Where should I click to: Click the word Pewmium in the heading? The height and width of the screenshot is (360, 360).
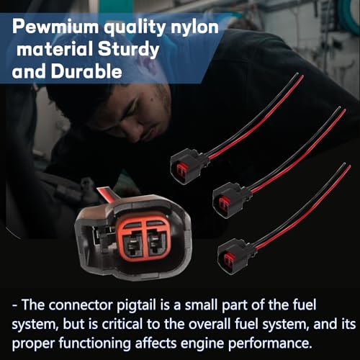(x=55, y=27)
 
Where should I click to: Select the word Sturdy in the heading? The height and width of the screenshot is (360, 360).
(x=128, y=50)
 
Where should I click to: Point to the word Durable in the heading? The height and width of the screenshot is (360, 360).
(x=86, y=71)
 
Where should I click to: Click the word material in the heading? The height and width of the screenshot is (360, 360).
(x=55, y=49)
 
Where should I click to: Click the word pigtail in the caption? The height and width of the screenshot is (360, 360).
(x=136, y=306)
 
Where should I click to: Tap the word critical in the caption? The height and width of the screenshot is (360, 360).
(x=122, y=324)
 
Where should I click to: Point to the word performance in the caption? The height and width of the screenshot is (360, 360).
(x=270, y=344)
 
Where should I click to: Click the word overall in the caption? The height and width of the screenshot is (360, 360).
(x=210, y=324)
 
